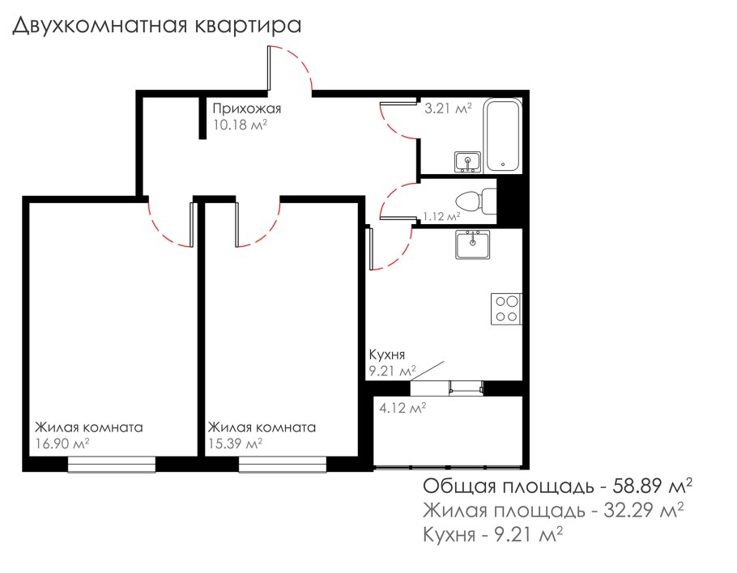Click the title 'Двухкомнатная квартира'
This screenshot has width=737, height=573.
pyautogui.click(x=156, y=25)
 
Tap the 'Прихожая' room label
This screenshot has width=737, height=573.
pyautogui.click(x=246, y=108)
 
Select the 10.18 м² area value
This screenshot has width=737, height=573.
pyautogui.click(x=240, y=125)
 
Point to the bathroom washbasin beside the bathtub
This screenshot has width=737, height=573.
pyautogui.click(x=467, y=162)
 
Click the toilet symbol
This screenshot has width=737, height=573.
pyautogui.click(x=474, y=199)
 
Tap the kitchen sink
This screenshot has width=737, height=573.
pyautogui.click(x=471, y=244)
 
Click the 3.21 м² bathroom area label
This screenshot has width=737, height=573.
pyautogui.click(x=448, y=107)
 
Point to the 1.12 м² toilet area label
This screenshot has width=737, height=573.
pyautogui.click(x=441, y=216)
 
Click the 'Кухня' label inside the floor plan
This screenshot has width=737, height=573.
pyautogui.click(x=387, y=354)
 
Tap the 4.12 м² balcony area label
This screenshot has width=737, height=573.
pyautogui.click(x=403, y=407)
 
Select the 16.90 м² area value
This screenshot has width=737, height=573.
pyautogui.click(x=62, y=444)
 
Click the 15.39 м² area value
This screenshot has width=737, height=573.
pyautogui.click(x=236, y=444)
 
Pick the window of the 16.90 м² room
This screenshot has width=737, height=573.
pyautogui.click(x=111, y=464)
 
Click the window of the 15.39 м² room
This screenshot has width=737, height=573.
pyautogui.click(x=281, y=464)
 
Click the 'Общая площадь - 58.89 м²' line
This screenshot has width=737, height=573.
pyautogui.click(x=557, y=486)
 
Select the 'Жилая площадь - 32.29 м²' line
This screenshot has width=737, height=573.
pyautogui.click(x=553, y=511)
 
